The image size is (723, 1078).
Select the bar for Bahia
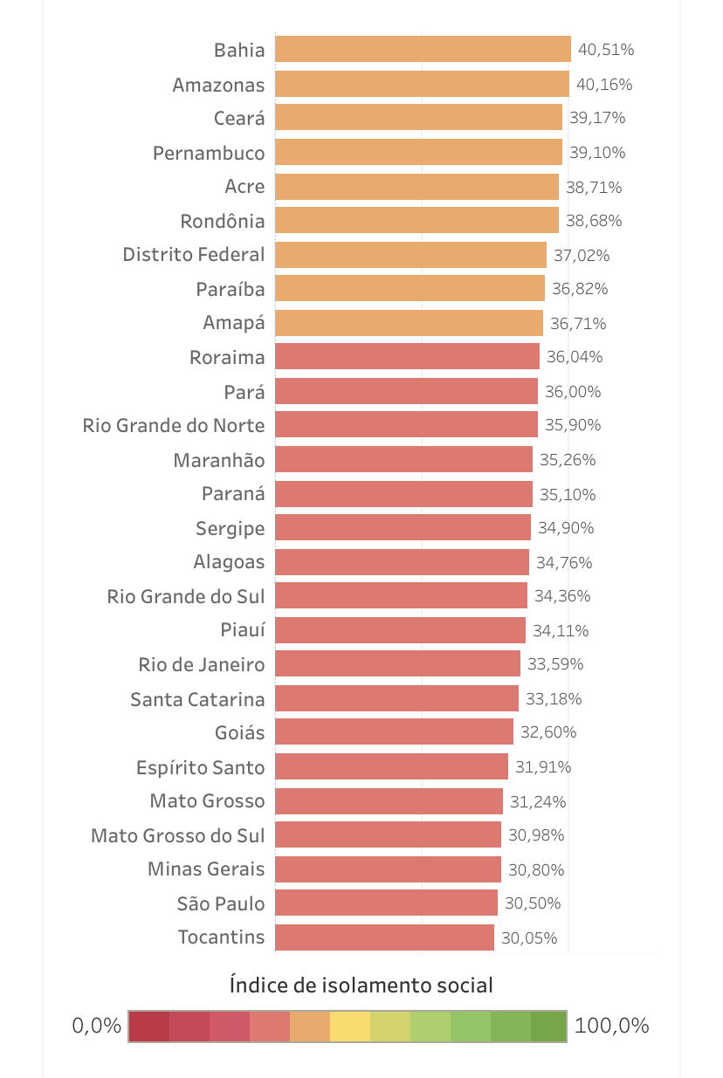coord(423,50)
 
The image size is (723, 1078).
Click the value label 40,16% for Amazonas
coord(605,85)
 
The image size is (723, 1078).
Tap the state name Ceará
coord(238,118)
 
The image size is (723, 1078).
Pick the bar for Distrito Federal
coord(410,255)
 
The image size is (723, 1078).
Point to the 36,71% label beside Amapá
coord(577,324)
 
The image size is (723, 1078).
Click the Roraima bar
coord(407,357)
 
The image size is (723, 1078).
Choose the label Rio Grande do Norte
coord(173,425)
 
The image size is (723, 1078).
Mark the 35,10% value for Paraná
coord(567,495)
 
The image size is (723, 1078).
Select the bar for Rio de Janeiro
coord(397,664)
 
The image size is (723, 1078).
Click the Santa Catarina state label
coord(196,699)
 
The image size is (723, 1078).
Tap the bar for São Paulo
coord(386,903)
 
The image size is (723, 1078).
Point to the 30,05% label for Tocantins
coord(529,938)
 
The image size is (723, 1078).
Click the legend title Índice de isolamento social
coord(361,985)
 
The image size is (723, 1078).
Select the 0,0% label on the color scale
coord(96,1026)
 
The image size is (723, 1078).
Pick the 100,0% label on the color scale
coord(611,1026)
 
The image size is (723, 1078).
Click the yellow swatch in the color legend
coord(350,1027)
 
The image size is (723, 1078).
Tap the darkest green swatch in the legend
coord(547,1027)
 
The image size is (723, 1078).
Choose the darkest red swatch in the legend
coord(149,1027)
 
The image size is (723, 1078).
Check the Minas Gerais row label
coord(205,869)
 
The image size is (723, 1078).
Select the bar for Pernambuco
coord(418,153)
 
